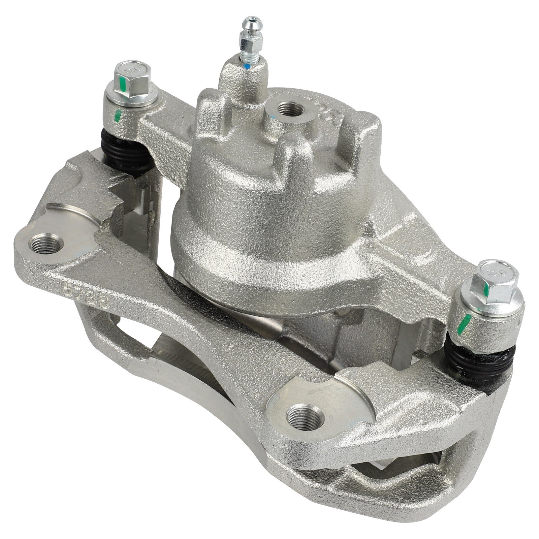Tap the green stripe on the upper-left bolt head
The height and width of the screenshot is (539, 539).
point(123,85)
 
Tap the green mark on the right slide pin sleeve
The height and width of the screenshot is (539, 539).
point(466,323)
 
